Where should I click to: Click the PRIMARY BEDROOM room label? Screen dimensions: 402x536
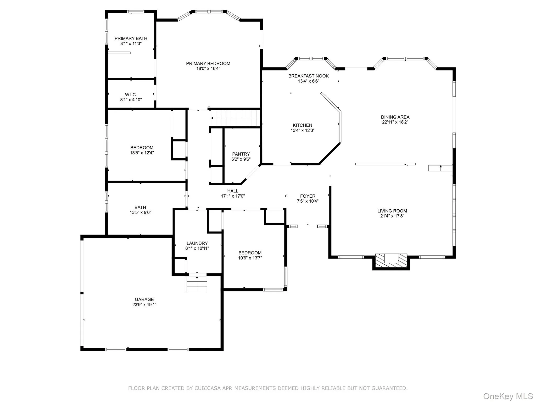click(x=208, y=64)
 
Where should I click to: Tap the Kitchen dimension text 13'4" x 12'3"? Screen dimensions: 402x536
click(x=302, y=130)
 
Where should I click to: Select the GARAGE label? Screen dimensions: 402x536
click(x=144, y=299)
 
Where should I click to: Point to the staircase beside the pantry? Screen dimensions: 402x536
click(x=236, y=118)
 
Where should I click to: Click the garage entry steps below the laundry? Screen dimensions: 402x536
click(x=196, y=284)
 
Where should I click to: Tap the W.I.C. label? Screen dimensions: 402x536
click(x=131, y=95)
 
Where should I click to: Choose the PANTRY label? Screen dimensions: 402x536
click(x=241, y=154)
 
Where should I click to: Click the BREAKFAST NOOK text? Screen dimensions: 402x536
click(x=308, y=76)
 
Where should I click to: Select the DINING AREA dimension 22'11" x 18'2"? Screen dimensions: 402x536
click(x=395, y=122)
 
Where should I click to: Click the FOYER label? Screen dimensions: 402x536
click(x=308, y=196)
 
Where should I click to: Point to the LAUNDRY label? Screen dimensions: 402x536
click(x=197, y=243)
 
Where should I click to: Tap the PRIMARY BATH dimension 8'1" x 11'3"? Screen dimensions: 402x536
click(x=131, y=44)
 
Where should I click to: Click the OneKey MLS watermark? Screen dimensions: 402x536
click(x=508, y=396)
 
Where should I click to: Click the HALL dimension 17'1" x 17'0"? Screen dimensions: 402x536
click(x=233, y=196)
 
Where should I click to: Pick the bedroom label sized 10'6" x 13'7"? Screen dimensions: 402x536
click(x=250, y=253)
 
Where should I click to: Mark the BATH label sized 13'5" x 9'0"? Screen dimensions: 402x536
click(x=140, y=208)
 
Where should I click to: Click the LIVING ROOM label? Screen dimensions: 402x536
click(x=392, y=211)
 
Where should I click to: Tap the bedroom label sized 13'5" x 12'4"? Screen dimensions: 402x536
click(x=142, y=148)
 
